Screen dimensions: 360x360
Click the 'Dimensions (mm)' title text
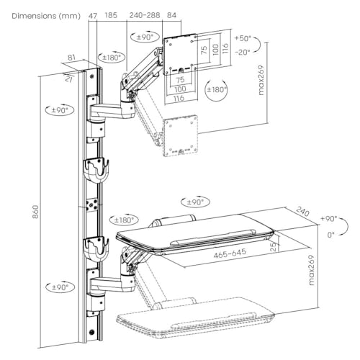46,16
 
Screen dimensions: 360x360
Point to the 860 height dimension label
35,212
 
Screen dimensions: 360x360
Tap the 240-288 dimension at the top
145,15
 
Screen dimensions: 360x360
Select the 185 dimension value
111,15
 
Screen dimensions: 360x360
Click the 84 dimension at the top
171,15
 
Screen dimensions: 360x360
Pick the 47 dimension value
93,16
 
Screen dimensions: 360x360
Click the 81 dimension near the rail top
71,58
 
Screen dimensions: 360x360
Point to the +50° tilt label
243,38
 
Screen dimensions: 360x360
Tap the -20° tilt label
243,52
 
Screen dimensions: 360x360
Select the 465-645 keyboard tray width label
230,253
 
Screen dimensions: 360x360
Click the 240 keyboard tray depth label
303,212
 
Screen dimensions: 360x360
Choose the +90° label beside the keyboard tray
329,219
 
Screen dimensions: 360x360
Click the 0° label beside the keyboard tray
331,235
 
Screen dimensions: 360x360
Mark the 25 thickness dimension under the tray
274,247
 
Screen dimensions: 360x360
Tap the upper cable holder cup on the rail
96,170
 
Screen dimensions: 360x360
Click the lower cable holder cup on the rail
96,249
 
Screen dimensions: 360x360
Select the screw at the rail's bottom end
91,332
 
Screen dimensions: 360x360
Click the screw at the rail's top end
91,76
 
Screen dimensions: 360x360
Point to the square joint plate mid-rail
92,204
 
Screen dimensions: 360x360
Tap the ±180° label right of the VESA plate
216,90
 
